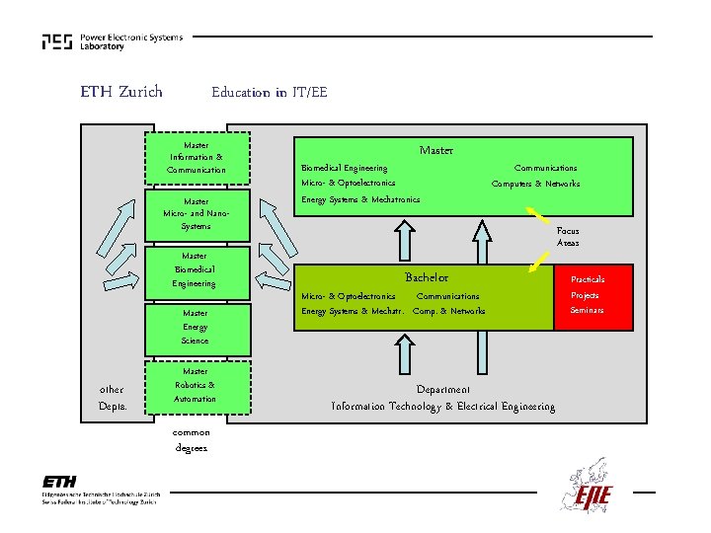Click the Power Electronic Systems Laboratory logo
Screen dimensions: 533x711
[x=112, y=41]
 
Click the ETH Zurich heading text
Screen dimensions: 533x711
[x=121, y=93]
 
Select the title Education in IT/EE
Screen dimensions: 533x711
[x=269, y=93]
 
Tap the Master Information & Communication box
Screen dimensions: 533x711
[x=197, y=158]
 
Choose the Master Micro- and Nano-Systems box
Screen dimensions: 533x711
[x=197, y=213]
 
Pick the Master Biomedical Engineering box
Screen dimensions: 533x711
[x=195, y=269]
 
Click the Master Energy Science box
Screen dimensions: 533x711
[x=195, y=327]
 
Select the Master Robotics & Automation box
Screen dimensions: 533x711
[x=195, y=385]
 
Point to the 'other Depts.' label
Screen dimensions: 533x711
[x=112, y=398]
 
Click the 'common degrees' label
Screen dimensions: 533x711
[x=191, y=440]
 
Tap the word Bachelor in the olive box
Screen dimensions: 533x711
[x=426, y=277]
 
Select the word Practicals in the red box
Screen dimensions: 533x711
[x=588, y=279]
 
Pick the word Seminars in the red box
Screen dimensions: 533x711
[x=587, y=311]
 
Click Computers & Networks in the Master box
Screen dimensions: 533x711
[x=535, y=184]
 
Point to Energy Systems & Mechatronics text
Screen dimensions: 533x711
[x=359, y=199]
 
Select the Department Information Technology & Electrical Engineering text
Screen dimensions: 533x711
[x=442, y=399]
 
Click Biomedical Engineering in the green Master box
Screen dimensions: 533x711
[x=344, y=168]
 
